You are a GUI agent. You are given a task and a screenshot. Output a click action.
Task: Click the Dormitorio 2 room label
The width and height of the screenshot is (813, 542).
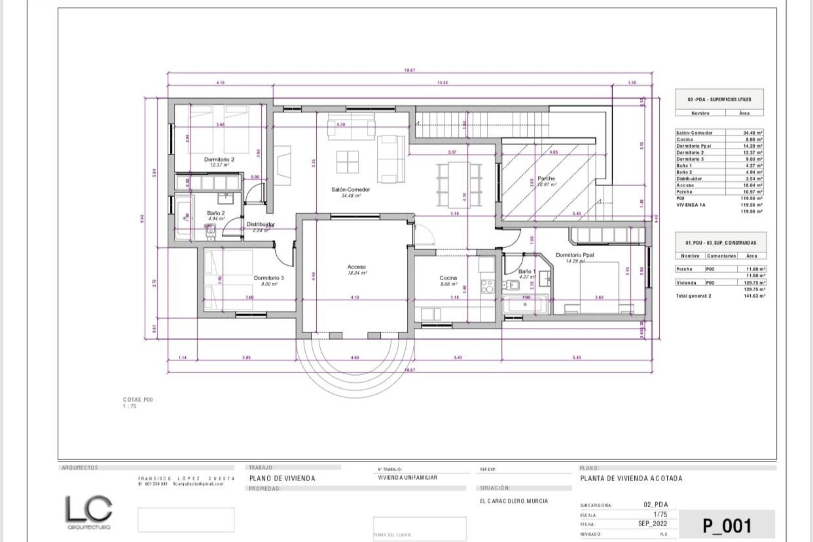[x=219, y=160]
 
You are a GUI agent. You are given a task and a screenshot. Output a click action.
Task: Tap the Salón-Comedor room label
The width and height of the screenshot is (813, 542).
[x=350, y=190]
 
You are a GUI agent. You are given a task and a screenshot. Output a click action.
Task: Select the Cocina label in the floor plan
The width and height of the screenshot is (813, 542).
[x=448, y=278]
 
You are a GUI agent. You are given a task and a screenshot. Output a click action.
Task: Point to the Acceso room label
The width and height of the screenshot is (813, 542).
[x=356, y=267]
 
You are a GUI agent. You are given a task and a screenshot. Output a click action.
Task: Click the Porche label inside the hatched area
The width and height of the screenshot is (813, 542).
[x=546, y=179]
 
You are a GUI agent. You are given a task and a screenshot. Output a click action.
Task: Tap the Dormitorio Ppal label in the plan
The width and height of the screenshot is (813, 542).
[x=575, y=255]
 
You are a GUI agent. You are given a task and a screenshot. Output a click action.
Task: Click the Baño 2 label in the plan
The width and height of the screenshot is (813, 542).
[x=216, y=213]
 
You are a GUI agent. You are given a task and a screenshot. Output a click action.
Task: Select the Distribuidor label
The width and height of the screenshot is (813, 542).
[x=260, y=224]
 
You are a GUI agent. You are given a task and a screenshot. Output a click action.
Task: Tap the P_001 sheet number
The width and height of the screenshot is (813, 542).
[x=727, y=526]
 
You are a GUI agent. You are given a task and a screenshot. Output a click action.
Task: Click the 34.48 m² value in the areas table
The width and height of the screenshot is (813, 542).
[x=752, y=133]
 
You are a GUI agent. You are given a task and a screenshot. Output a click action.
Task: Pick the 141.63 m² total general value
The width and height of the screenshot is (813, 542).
[x=756, y=296]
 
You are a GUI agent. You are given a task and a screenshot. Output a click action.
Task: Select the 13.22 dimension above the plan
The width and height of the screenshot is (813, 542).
[x=442, y=83]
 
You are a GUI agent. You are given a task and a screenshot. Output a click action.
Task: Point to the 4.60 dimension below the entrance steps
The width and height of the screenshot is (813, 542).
[x=355, y=358]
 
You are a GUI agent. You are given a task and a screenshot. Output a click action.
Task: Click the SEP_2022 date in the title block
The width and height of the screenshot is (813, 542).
[x=653, y=524]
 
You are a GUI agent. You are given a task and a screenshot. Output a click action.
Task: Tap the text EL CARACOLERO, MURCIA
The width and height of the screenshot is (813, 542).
[x=514, y=501]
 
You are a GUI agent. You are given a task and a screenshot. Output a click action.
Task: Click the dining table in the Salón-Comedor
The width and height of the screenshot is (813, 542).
[x=459, y=184]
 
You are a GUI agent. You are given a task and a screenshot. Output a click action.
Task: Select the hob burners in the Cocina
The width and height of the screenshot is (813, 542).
[x=487, y=287]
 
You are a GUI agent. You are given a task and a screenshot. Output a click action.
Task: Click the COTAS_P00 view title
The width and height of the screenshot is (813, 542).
[x=138, y=399]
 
